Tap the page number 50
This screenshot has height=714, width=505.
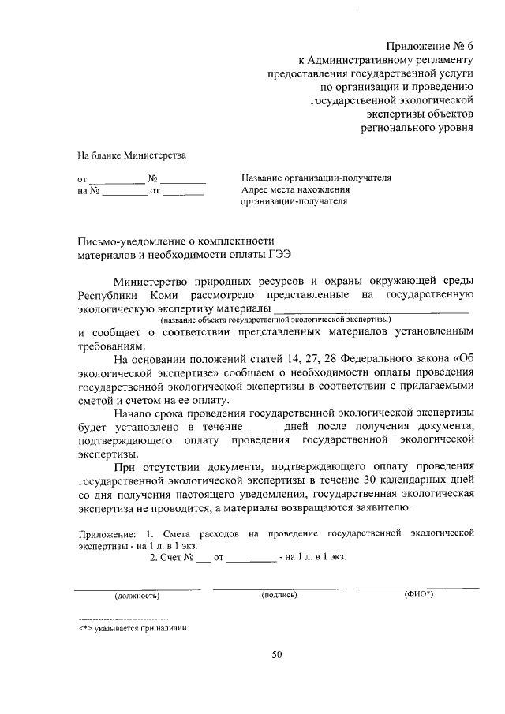(276, 654)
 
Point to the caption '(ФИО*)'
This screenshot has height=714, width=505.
(417, 594)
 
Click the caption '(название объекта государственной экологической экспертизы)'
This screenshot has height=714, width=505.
(275, 320)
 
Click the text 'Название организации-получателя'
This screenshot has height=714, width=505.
(316, 178)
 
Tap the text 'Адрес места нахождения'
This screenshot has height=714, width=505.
(296, 189)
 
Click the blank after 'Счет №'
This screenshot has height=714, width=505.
(204, 557)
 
